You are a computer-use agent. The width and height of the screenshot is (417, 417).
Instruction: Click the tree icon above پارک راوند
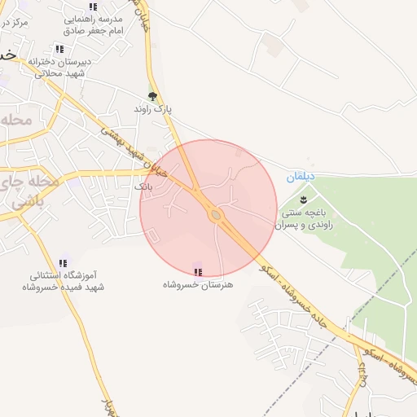[152, 96]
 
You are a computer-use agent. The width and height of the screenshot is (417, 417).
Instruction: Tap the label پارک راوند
[153, 108]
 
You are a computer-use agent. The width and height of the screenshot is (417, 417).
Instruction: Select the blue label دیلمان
[300, 177]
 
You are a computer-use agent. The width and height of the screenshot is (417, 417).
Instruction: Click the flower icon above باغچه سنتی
[304, 200]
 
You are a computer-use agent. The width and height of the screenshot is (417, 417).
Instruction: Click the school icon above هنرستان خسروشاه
[198, 271]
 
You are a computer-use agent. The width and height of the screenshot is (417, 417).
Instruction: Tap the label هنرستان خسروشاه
[198, 284]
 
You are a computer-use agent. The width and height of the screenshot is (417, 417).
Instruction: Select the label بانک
[143, 187]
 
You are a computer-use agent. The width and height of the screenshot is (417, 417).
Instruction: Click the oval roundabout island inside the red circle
[216, 215]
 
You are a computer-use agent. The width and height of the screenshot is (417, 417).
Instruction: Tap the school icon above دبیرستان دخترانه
[59, 49]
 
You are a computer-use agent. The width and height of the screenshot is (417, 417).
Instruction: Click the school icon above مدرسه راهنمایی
[92, 7]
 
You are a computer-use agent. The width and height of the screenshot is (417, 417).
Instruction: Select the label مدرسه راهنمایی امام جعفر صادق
[94, 24]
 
